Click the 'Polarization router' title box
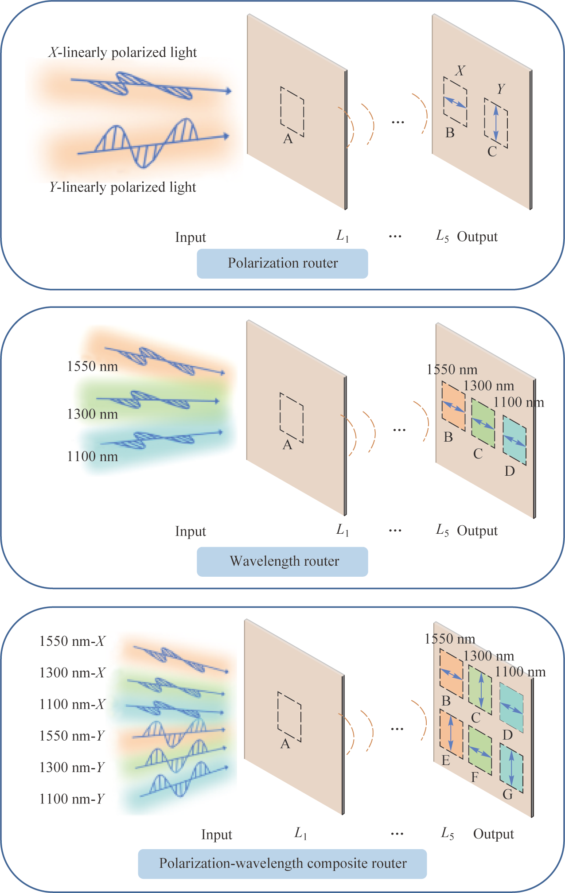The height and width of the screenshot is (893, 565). (282, 264)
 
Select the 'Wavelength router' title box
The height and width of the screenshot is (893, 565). (282, 561)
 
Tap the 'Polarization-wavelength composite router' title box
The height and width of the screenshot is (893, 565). (282, 863)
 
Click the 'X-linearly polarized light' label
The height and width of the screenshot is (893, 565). (122, 52)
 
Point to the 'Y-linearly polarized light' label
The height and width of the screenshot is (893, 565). (122, 187)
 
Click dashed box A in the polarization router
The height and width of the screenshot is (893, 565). (292, 112)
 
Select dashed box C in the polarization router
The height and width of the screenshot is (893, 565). (496, 123)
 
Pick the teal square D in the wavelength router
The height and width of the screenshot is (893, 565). (514, 440)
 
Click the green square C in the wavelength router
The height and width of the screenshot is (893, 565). (483, 423)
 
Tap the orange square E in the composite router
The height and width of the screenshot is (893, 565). (451, 734)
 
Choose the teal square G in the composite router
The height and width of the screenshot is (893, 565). (511, 768)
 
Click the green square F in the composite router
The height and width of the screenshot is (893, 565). (480, 751)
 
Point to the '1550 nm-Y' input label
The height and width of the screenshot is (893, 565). (72, 736)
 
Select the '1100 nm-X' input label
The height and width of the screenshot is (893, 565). (72, 704)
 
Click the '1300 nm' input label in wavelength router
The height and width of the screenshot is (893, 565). (92, 414)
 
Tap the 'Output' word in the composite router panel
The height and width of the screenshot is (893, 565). (493, 834)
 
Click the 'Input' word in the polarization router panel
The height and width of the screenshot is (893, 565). (191, 237)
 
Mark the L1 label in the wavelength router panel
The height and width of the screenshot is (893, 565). (343, 530)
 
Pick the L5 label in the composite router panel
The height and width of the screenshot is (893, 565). (448, 834)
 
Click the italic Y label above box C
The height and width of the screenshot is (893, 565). (501, 89)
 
